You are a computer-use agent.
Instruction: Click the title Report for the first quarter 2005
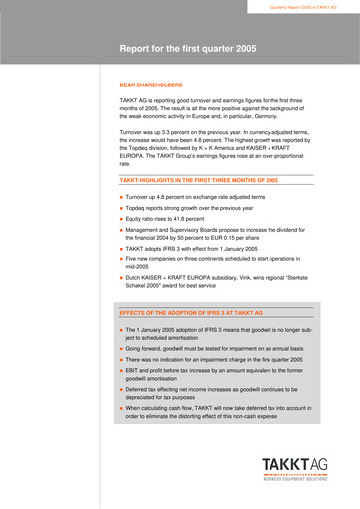[x=187, y=48]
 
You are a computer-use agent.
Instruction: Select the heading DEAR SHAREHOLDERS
[x=151, y=86]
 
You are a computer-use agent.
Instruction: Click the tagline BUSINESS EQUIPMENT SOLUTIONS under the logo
[x=293, y=488]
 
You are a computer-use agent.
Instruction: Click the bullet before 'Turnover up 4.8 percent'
[x=121, y=198]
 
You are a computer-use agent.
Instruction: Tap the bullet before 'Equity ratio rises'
[x=121, y=217]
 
